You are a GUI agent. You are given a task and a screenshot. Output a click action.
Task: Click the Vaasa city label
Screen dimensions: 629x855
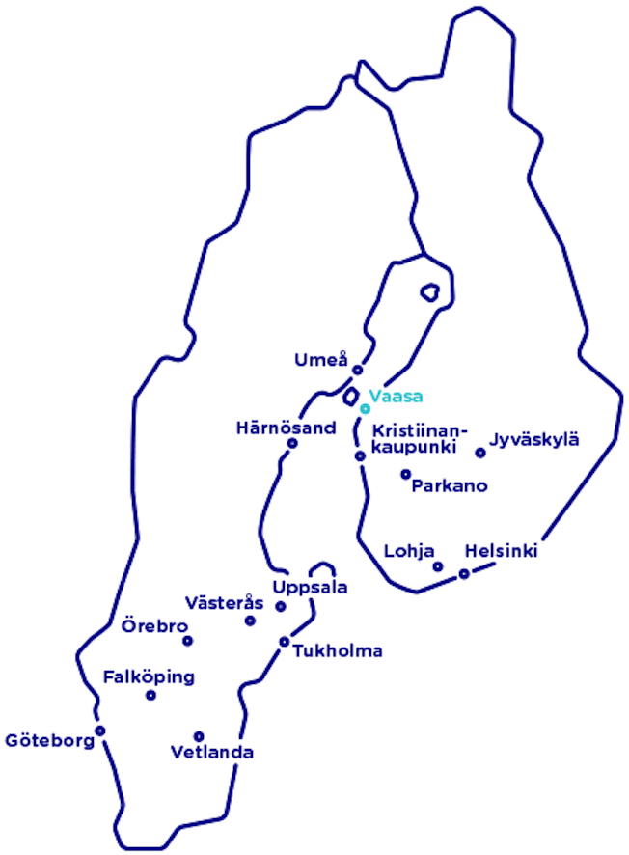point(396,396)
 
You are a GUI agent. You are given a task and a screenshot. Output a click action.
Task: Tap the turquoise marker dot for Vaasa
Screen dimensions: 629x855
point(365,409)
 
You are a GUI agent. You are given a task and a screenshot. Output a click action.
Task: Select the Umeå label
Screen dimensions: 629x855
point(319,361)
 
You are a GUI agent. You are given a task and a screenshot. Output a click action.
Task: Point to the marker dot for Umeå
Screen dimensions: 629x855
point(357,370)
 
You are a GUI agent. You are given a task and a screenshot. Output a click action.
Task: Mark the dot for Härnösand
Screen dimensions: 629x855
point(291,444)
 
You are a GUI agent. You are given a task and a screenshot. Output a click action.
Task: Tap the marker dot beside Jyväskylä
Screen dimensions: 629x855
point(479,453)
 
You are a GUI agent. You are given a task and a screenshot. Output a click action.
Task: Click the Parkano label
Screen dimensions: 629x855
point(449,485)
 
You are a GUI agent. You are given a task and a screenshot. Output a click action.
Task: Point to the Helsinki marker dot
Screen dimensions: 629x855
point(464,574)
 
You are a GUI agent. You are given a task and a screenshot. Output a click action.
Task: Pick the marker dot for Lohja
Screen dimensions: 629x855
point(437,566)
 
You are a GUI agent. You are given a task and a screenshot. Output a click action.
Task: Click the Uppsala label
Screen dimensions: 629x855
point(310,588)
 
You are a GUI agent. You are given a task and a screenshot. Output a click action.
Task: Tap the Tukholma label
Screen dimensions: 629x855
point(339,650)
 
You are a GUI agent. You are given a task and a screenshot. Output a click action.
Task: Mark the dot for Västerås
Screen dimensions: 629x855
point(250,621)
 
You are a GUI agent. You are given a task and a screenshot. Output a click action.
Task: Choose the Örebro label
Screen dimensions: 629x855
point(153,627)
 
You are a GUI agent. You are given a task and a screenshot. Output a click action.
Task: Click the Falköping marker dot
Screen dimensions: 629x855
point(150,695)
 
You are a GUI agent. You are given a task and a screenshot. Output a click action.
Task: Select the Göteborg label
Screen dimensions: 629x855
point(48,741)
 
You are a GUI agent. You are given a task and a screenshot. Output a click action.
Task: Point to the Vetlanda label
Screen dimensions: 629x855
point(211,753)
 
